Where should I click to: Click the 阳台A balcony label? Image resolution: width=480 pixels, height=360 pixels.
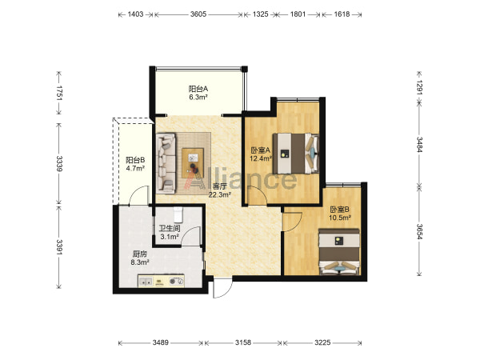click(x=198, y=89)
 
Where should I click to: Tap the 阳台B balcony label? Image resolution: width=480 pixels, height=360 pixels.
click(x=135, y=160)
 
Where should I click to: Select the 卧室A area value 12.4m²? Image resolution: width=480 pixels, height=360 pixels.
click(x=261, y=158)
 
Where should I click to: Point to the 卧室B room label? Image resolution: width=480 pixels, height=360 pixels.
click(x=340, y=210)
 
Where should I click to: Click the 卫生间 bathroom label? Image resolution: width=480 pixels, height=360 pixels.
click(x=170, y=228)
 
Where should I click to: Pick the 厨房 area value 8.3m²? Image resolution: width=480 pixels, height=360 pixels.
click(x=140, y=262)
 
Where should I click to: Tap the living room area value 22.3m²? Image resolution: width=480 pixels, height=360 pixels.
click(x=219, y=194)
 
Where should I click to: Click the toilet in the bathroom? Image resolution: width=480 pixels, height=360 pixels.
click(x=178, y=214)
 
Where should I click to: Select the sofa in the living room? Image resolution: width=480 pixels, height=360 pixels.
click(x=166, y=163)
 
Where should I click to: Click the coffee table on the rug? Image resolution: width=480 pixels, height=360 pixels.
click(x=193, y=162)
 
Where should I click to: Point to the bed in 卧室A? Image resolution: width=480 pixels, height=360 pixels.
click(x=296, y=153)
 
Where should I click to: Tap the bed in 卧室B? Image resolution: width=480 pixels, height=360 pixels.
click(x=339, y=252)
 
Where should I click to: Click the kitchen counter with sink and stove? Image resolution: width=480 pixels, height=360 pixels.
click(x=161, y=281)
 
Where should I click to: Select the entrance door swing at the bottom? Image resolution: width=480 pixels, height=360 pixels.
click(x=223, y=289)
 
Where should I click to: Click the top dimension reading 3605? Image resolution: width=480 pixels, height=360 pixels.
click(x=198, y=14)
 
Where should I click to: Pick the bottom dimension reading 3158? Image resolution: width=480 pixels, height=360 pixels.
click(x=243, y=342)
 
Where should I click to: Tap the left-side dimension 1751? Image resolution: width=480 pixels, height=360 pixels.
click(x=59, y=93)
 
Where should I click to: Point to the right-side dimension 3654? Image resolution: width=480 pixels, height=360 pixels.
click(x=419, y=232)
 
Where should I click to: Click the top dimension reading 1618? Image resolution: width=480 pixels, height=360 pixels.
click(x=342, y=14)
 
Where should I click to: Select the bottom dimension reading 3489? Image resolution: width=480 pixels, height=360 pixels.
click(x=161, y=342)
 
